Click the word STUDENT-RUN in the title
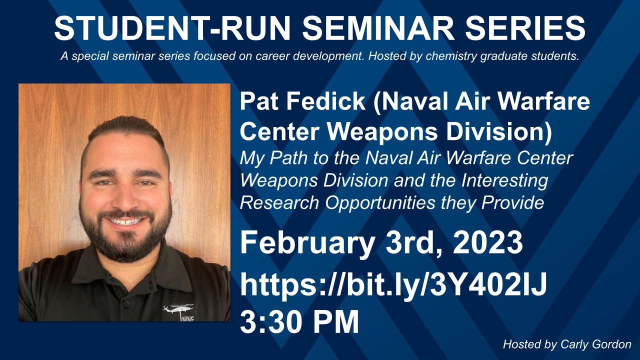(x=172, y=28)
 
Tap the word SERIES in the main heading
(x=525, y=28)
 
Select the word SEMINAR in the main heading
(x=378, y=28)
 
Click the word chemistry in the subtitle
(x=451, y=56)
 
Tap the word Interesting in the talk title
(x=505, y=181)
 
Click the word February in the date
(x=307, y=243)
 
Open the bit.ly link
(x=393, y=285)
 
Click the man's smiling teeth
(x=125, y=221)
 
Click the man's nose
(x=125, y=195)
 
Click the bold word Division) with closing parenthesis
(x=499, y=132)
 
